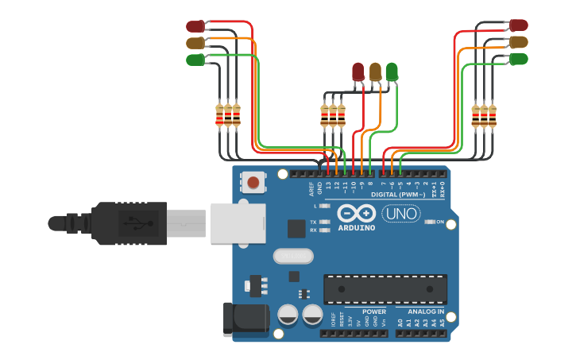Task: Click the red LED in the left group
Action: (195, 26)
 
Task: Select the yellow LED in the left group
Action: (195, 43)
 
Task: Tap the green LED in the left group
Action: (195, 60)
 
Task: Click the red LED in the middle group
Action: (358, 72)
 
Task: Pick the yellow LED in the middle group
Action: (375, 72)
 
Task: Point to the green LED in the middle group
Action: (392, 72)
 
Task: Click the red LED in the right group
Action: (519, 25)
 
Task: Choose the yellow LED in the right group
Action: (519, 42)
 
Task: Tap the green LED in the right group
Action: (519, 59)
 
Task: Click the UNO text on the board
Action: (401, 213)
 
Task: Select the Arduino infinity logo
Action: (355, 213)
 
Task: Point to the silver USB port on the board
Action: (238, 223)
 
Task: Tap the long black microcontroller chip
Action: (385, 288)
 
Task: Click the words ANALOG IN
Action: (426, 312)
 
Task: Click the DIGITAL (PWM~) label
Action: (397, 194)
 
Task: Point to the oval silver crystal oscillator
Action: (294, 256)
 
